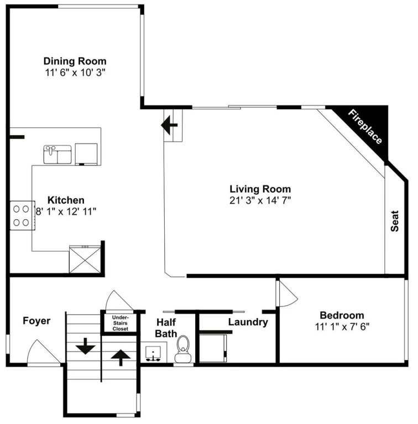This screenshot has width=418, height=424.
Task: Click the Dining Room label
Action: point(75,61)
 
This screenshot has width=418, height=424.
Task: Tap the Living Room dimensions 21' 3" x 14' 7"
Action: point(260,200)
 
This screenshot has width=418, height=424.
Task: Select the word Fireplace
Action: point(365,126)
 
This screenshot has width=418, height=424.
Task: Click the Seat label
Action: point(395,221)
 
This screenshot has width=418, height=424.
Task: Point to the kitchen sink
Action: point(58,155)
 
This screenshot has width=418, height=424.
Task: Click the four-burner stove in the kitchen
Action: point(22,215)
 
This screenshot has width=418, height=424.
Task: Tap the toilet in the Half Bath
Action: point(183,349)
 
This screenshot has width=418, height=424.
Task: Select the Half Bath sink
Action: point(153,352)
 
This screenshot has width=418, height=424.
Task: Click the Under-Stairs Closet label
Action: point(121,323)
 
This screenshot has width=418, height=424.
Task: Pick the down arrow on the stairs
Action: point(85,346)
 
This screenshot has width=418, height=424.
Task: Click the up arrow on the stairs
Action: point(121,358)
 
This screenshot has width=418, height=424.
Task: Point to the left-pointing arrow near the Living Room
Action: point(169,125)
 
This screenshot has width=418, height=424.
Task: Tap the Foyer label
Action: point(36,321)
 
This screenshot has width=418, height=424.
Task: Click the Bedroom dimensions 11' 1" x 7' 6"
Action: point(342,327)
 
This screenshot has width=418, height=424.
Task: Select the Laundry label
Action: point(248,322)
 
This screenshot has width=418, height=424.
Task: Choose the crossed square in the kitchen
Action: point(85,259)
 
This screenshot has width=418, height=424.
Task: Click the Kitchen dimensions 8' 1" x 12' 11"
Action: point(66,211)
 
